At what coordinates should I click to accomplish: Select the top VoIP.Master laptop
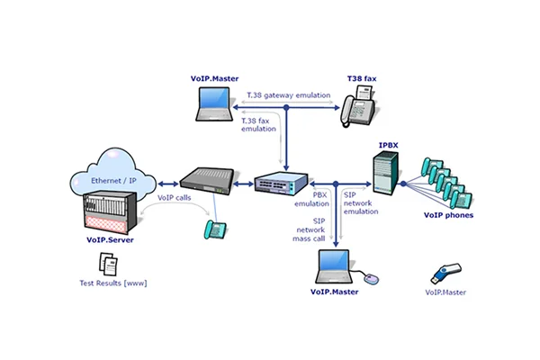[x=220, y=102]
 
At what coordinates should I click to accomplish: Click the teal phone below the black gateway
[x=214, y=229]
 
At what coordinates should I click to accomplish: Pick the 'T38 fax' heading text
[x=364, y=79]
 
